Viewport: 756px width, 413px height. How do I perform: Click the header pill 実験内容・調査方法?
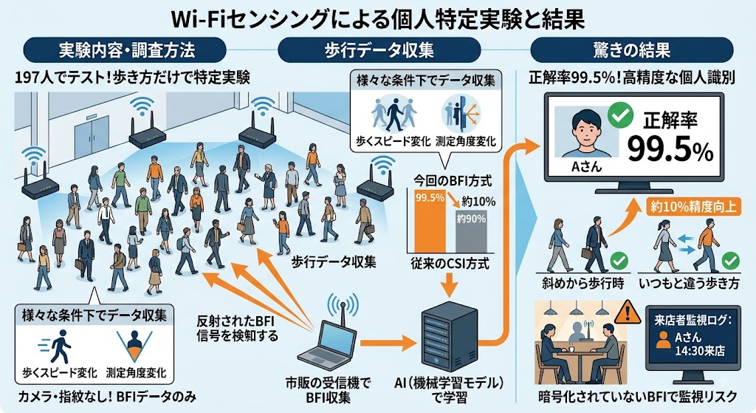click(x=125, y=50)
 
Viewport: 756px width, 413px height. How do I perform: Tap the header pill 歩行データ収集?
click(x=379, y=50)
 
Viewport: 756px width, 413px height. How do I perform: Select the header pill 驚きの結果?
click(x=632, y=50)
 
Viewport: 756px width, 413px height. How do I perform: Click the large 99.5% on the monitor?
click(x=670, y=151)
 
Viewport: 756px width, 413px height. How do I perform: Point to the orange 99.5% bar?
click(x=430, y=222)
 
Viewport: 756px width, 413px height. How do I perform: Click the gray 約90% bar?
click(x=471, y=231)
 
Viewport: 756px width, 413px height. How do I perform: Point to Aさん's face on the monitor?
click(x=585, y=126)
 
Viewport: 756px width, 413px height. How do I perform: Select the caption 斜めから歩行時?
click(x=583, y=283)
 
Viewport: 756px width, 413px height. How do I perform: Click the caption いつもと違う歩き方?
click(x=689, y=283)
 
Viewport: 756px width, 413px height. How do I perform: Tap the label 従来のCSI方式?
click(x=450, y=264)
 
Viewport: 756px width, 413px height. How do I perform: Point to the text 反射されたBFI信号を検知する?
click(x=237, y=328)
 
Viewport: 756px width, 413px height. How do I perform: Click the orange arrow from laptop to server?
click(x=388, y=344)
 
